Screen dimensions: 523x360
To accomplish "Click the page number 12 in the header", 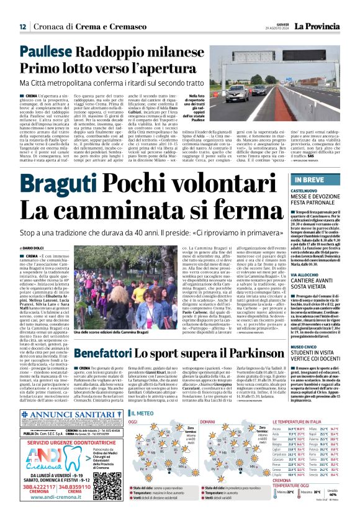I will [x=22, y=27].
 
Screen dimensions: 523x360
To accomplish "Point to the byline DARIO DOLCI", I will [x=35, y=248].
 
